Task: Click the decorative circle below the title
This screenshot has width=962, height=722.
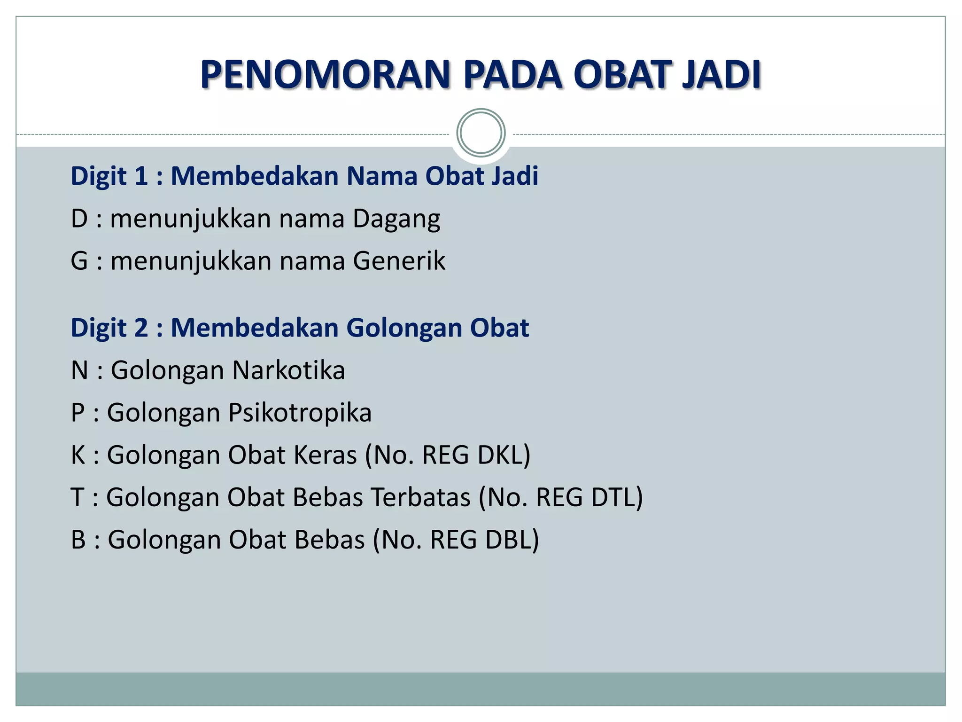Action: [x=481, y=133]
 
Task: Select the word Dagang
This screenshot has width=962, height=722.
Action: [x=396, y=219]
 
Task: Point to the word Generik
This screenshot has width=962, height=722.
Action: [x=399, y=261]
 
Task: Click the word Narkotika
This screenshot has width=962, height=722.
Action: [x=288, y=370]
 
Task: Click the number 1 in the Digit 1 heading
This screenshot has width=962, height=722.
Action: [x=141, y=176]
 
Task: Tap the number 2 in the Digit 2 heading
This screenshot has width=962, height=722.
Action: [x=141, y=328]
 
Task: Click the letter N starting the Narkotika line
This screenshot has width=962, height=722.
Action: [x=79, y=370]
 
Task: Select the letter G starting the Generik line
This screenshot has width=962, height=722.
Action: [x=79, y=261]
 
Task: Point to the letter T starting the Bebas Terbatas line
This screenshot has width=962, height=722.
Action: [x=78, y=497]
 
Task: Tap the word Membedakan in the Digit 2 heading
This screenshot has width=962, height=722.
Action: [x=254, y=328]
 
